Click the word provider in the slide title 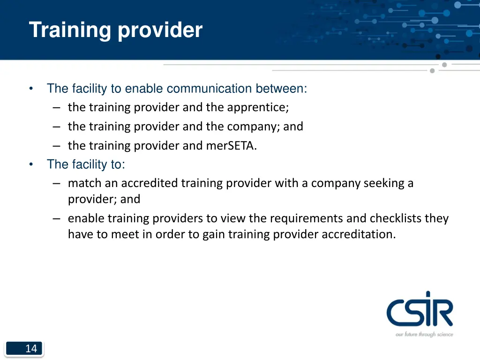[x=160, y=30]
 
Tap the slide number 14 [x=31, y=348]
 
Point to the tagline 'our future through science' [x=424, y=334]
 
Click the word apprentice [x=258, y=107]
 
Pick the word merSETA [x=231, y=146]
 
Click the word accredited [x=150, y=183]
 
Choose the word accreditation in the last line [x=358, y=234]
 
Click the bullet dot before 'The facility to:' [x=30, y=165]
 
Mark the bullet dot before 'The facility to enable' [x=30, y=89]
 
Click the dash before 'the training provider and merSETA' [x=57, y=146]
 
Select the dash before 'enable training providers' [x=57, y=218]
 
